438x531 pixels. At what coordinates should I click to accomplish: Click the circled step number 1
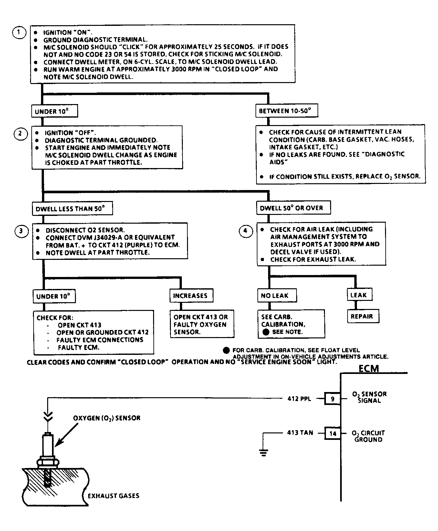19,32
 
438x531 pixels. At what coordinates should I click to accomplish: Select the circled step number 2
20,133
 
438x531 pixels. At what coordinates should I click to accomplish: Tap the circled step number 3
21,231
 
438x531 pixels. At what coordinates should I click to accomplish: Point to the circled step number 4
245,231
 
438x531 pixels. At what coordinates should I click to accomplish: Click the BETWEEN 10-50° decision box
287,111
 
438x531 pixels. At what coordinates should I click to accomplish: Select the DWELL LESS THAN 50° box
73,208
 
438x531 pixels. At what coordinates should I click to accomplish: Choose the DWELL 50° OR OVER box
294,208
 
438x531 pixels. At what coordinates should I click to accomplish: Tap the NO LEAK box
277,295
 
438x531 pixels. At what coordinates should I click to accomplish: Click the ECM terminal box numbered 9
333,399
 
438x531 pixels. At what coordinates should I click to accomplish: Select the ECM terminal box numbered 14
333,433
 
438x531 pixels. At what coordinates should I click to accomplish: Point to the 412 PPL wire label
299,399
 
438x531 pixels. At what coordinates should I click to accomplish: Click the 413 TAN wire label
300,432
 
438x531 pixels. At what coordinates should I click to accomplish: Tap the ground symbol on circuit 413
264,452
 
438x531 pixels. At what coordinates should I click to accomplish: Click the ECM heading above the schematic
369,368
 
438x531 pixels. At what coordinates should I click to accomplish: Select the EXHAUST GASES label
113,496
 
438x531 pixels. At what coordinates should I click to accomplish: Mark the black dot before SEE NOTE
266,332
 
